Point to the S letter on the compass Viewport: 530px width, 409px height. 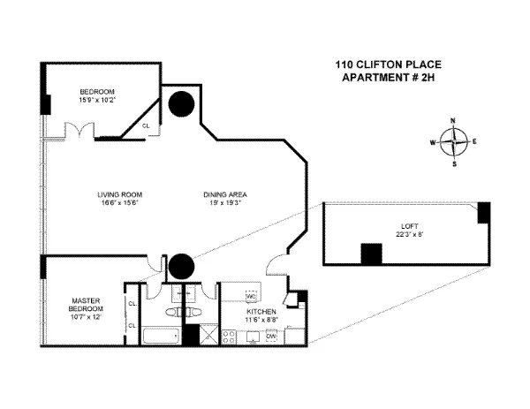454,163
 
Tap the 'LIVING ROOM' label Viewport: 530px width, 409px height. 120,194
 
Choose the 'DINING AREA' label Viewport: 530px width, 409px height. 227,194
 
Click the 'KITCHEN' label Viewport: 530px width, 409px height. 262,312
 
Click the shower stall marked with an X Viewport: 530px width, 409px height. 208,336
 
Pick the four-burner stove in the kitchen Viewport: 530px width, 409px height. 228,337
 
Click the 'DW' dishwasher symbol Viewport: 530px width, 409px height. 271,336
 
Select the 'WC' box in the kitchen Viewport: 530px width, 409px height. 249,296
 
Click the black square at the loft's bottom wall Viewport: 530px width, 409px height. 370,253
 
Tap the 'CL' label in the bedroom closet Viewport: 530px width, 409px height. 146,126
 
